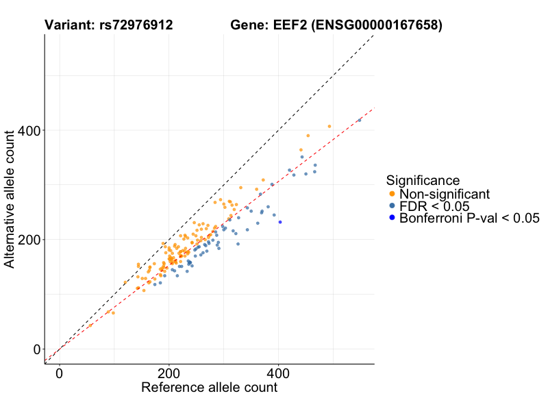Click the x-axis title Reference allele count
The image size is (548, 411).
pyautogui.click(x=209, y=388)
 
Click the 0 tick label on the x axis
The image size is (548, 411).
pyautogui.click(x=60, y=374)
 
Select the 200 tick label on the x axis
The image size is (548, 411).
pyautogui.click(x=169, y=374)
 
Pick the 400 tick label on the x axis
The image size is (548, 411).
pyautogui.click(x=278, y=374)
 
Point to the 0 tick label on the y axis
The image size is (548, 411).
pyautogui.click(x=37, y=349)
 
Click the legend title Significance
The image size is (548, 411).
pyautogui.click(x=423, y=181)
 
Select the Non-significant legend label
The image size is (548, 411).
pyautogui.click(x=445, y=194)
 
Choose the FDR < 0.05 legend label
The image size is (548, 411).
pyautogui.click(x=434, y=206)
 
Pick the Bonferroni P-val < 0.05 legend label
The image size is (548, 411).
pyautogui.click(x=469, y=219)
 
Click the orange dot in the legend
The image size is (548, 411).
pyautogui.click(x=392, y=194)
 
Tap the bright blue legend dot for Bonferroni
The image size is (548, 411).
pyautogui.click(x=392, y=219)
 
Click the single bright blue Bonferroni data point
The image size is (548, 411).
pyautogui.click(x=280, y=222)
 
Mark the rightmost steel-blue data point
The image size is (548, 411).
pyautogui.click(x=360, y=120)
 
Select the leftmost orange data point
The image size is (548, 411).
pyautogui.click(x=90, y=325)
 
